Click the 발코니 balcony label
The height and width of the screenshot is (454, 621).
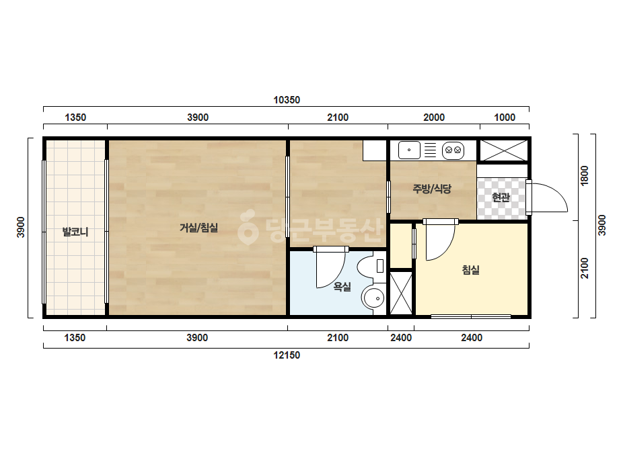point(75,232)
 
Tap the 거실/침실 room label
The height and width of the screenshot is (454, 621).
point(199,228)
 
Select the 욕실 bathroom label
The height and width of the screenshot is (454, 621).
point(342,286)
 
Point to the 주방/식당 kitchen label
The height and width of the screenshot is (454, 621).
point(432,189)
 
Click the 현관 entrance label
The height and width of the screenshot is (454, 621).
point(501,197)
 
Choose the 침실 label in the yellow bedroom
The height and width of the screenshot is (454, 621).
point(471,270)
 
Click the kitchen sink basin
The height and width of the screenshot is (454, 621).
point(409,150)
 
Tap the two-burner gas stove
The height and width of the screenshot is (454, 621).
point(453,150)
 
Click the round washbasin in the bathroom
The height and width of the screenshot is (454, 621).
point(373,299)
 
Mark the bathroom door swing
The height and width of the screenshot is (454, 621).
point(331,270)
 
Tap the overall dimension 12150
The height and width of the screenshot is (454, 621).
point(287,355)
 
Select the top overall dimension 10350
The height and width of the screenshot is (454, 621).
point(287,100)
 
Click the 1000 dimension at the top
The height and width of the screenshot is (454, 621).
point(505,118)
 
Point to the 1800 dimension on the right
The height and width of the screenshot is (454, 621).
point(585,175)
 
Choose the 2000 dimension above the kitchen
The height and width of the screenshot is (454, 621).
point(434,118)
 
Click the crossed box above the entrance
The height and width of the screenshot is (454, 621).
point(504,150)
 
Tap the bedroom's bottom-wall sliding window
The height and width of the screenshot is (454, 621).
point(471,316)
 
